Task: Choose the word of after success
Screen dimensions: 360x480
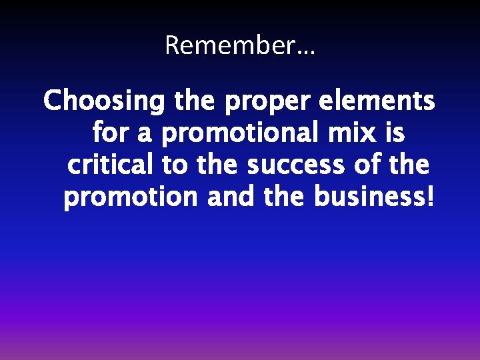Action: click(x=366, y=165)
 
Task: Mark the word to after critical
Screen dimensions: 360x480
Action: click(x=175, y=165)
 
